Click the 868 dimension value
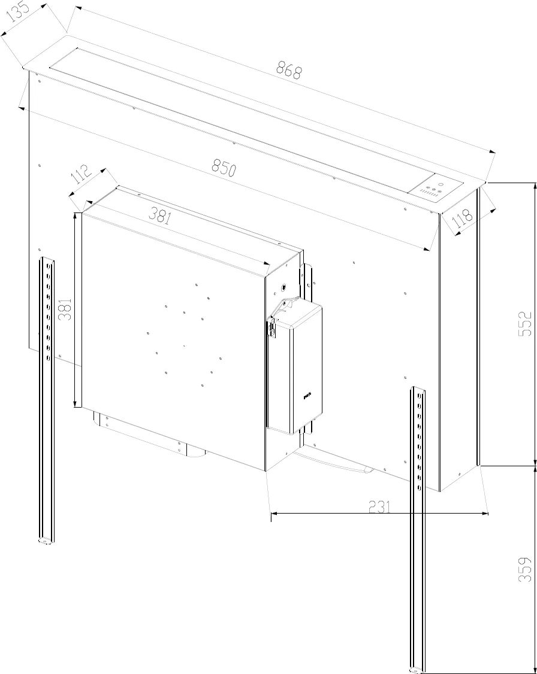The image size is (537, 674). pos(289,71)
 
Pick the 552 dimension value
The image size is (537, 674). pos(524,324)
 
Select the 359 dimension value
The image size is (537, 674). pos(524,570)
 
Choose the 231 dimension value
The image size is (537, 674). pos(379,507)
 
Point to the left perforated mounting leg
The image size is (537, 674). pos(46,395)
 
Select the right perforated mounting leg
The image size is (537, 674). pos(418,527)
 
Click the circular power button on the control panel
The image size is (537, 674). pos(441,184)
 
